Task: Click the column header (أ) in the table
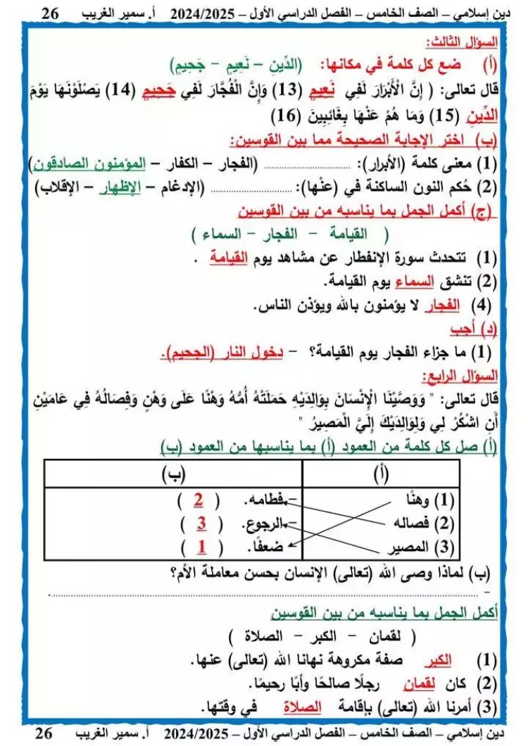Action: (380, 474)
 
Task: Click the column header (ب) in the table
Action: (172, 474)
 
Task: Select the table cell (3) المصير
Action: (415, 547)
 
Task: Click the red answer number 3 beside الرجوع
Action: (201, 524)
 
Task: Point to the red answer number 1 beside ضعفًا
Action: (203, 547)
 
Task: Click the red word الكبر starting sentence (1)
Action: (441, 661)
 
